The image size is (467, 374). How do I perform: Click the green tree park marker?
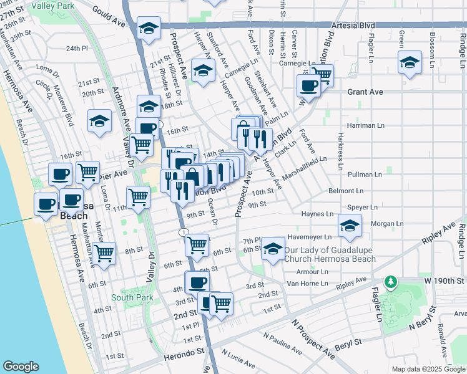[x=391, y=283]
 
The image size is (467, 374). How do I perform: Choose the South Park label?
[x=127, y=297]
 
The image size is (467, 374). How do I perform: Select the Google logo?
[x=22, y=366]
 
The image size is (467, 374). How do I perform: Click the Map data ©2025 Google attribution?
[x=428, y=369]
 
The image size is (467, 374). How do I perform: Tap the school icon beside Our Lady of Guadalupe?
[x=273, y=249]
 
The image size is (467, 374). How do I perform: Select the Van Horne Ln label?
[x=307, y=283]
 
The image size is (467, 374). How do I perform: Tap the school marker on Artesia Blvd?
[x=149, y=29]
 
